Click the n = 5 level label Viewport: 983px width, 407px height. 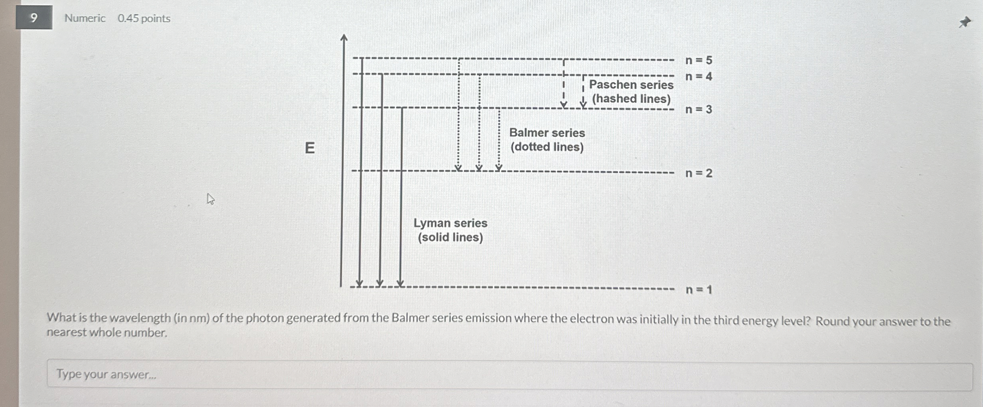[699, 60]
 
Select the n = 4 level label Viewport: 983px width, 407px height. [699, 76]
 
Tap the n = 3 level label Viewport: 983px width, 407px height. [699, 109]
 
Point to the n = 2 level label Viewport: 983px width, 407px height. [699, 173]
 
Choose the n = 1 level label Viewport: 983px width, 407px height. [699, 290]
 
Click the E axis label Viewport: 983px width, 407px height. [310, 148]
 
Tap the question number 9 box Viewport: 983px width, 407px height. [34, 18]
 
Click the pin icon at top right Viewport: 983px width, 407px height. [965, 22]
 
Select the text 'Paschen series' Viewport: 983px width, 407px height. [631, 85]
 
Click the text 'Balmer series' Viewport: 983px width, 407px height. [547, 133]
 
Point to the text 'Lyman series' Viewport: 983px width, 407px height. [450, 223]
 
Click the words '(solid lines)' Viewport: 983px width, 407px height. [450, 237]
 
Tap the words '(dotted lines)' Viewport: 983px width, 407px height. [547, 147]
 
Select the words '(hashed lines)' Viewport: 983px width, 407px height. [631, 98]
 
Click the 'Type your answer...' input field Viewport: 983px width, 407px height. [509, 375]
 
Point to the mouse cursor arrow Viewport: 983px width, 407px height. [210, 198]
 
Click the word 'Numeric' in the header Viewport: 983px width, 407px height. [85, 18]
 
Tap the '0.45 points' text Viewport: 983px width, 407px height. [144, 18]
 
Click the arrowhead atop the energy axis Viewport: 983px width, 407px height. [344, 37]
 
